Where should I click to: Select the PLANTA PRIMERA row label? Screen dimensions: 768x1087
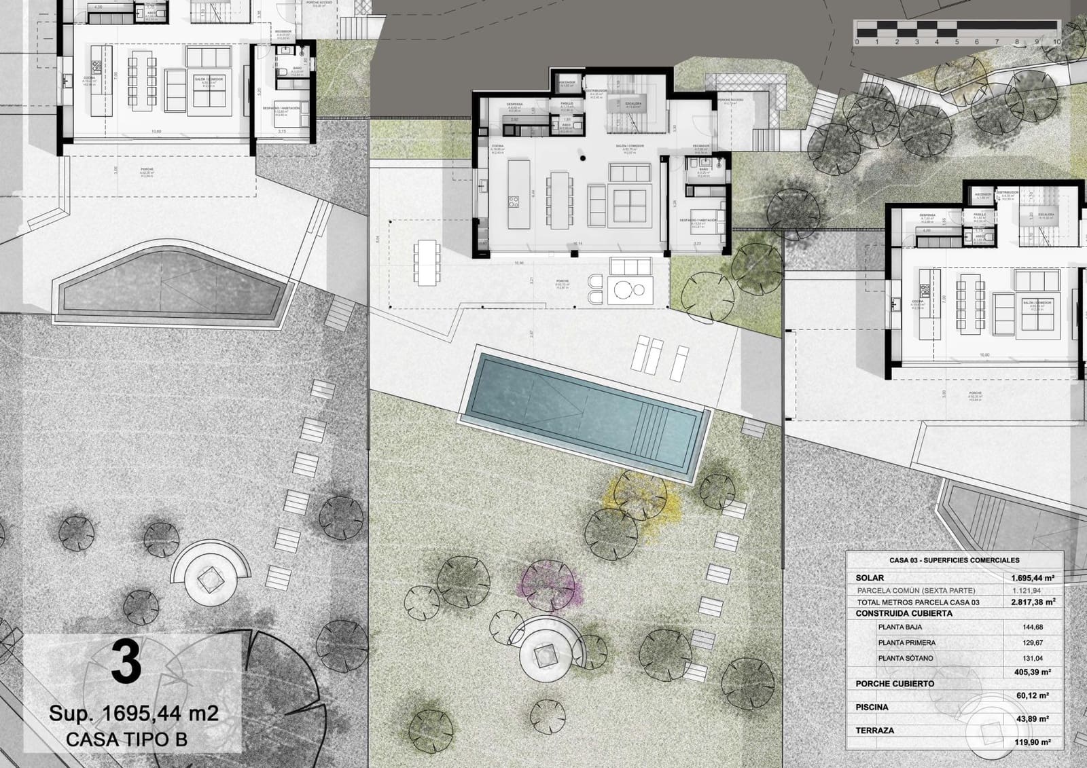point(906,642)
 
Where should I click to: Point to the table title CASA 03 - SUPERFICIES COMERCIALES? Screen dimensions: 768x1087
point(954,560)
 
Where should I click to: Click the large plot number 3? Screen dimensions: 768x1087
point(126,663)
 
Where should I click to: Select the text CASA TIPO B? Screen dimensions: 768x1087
point(126,739)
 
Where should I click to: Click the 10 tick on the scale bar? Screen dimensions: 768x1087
point(1056,41)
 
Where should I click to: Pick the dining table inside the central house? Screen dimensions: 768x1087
point(560,200)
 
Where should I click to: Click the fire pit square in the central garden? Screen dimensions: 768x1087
point(543,655)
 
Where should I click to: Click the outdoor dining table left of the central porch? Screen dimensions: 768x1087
point(427,261)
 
